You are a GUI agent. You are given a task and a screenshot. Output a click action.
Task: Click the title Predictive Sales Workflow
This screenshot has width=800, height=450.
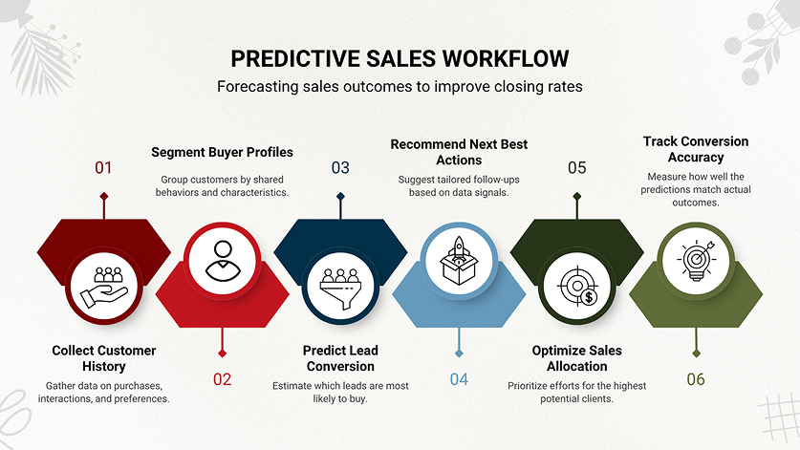pyautogui.click(x=400, y=57)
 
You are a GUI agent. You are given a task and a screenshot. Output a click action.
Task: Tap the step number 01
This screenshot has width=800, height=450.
pyautogui.click(x=103, y=168)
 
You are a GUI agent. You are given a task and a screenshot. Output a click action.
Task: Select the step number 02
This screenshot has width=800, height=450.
pyautogui.click(x=222, y=379)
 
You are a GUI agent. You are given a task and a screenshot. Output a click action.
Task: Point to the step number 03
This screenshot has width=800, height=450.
pyautogui.click(x=340, y=168)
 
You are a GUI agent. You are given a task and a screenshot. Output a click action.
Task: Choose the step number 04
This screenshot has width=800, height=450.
pyautogui.click(x=459, y=379)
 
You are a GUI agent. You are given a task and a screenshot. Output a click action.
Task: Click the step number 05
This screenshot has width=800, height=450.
pyautogui.click(x=576, y=168)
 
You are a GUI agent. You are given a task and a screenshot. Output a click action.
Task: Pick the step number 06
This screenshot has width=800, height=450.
pyautogui.click(x=695, y=379)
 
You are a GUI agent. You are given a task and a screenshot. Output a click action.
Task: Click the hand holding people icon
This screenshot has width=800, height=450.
pyautogui.click(x=104, y=284)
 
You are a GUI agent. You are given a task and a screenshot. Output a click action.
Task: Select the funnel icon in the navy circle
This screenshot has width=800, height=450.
pyautogui.click(x=340, y=284)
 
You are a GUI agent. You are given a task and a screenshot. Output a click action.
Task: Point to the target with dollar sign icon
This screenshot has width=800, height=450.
pyautogui.click(x=577, y=284)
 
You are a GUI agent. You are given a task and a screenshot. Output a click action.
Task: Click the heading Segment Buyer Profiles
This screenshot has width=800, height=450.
pyautogui.click(x=223, y=152)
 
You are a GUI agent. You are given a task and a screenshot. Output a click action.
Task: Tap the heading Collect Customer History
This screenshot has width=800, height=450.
pyautogui.click(x=104, y=358)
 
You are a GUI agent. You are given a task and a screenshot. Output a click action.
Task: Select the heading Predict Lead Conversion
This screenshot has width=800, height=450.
pyautogui.click(x=340, y=358)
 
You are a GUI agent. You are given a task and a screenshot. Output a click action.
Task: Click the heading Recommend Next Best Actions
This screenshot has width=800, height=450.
pyautogui.click(x=459, y=152)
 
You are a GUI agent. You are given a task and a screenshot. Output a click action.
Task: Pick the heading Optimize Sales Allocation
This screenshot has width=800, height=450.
pyautogui.click(x=577, y=358)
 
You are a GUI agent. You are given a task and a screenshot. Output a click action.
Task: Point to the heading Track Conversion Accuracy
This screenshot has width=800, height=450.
pyautogui.click(x=695, y=149)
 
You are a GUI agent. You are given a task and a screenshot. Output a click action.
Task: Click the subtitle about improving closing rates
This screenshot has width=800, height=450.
pyautogui.click(x=400, y=87)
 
